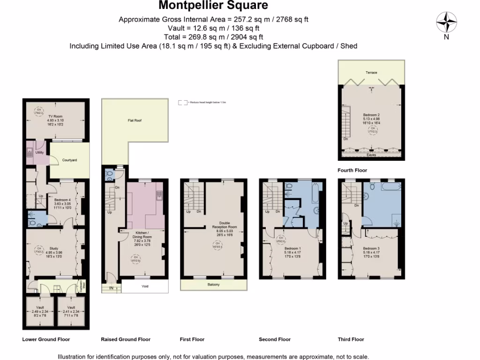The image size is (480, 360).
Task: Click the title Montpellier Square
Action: [213, 6]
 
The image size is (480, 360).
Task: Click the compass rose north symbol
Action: [447, 22]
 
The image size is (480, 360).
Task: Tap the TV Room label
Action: [55, 116]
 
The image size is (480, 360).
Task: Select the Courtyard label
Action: [69, 160]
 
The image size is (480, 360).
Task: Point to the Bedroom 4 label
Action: [62, 200]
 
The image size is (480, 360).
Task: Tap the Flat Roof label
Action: [135, 120]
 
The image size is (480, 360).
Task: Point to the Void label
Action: [145, 286]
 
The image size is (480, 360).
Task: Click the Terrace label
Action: [372, 73]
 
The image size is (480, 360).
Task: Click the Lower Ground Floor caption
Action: [45, 339]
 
